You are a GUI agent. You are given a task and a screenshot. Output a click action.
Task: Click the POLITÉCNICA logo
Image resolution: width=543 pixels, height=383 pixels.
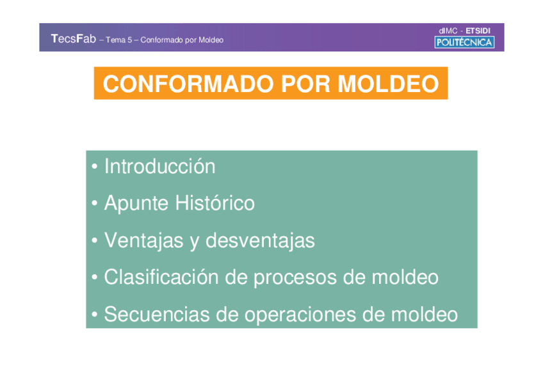coord(464,42)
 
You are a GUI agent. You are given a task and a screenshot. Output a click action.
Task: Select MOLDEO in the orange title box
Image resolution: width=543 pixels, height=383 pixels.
coord(388,84)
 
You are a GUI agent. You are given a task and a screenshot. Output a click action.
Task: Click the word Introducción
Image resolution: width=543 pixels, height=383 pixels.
coord(159,167)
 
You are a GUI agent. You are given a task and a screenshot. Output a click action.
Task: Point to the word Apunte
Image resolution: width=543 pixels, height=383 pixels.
coord(136,204)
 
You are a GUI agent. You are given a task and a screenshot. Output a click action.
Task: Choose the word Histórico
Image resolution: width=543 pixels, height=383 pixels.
coord(214,204)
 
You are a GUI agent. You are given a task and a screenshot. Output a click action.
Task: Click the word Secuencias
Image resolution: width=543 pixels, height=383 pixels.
coord(154,315)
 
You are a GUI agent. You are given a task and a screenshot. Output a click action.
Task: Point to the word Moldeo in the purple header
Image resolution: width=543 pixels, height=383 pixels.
coord(211,40)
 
